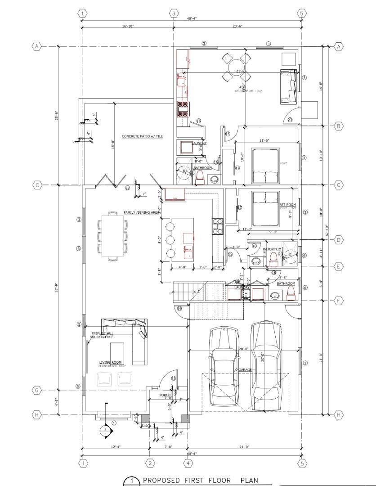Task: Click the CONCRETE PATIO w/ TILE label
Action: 142,136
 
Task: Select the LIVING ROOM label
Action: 111,362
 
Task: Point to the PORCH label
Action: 165,395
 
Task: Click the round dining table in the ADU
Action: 237,68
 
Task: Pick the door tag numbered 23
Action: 290,120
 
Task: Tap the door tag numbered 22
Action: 127,188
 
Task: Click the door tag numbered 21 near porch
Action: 173,378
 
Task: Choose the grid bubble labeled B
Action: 339,126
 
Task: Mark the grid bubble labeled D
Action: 339,240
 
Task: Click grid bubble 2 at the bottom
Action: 150,463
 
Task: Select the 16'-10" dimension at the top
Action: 128,26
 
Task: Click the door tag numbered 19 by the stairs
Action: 179,308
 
